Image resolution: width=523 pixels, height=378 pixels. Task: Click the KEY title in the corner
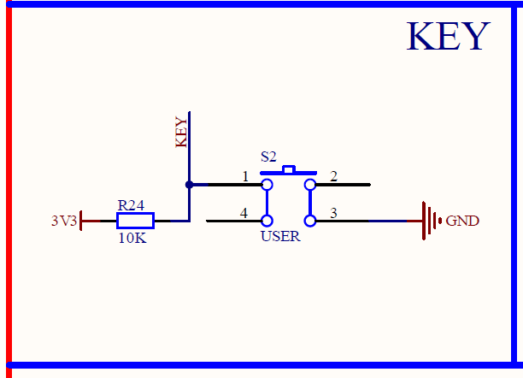pos(448,37)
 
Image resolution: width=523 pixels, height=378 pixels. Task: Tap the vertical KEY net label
pos(181,133)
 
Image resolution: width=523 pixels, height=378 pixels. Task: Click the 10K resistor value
pos(132,239)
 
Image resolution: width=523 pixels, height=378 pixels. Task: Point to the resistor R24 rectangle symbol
pos(134,221)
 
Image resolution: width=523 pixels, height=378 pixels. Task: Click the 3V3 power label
pos(64,221)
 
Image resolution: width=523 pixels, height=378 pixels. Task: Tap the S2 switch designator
pos(268,157)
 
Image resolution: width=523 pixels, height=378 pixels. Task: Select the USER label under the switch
pos(280,236)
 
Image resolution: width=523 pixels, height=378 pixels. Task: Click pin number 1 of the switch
pos(245,176)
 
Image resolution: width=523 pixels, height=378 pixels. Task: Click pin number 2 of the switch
pos(333,176)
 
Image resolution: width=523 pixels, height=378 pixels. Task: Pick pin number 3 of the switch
pos(334,213)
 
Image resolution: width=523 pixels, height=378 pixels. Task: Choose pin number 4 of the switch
pos(244,213)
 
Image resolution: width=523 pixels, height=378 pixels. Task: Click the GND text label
pos(462,221)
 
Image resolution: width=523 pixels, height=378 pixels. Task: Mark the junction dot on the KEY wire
pos(189,184)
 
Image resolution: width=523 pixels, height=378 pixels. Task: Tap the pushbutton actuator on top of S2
pos(289,169)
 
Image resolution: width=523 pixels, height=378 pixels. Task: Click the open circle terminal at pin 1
pos(267,184)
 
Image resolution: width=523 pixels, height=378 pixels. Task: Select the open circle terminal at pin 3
pos(310,221)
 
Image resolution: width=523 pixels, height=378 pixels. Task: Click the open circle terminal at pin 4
pos(267,221)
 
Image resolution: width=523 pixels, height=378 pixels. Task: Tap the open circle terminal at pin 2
pos(310,184)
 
